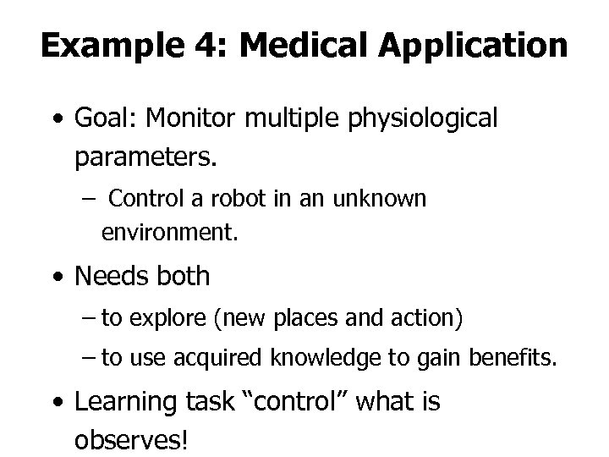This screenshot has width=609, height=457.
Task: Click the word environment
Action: pos(170,231)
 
